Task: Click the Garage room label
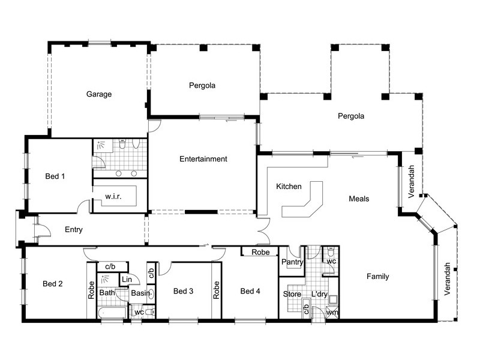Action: tap(99, 94)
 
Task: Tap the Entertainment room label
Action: tap(203, 159)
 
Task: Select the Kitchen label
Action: tap(289, 187)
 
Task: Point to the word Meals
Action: tap(359, 199)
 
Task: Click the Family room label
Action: tap(378, 277)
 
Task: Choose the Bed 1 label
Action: tap(55, 176)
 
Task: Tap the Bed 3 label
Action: tap(184, 292)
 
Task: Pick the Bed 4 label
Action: tap(250, 292)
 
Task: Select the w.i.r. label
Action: tap(114, 197)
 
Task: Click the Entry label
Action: tap(73, 230)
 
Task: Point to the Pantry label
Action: tap(292, 262)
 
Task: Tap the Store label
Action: tap(292, 294)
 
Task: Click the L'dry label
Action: tap(320, 294)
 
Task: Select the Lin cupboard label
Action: tap(127, 279)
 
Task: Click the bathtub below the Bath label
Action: tap(112, 312)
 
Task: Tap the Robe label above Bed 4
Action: tap(260, 253)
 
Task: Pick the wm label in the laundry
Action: tap(332, 313)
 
